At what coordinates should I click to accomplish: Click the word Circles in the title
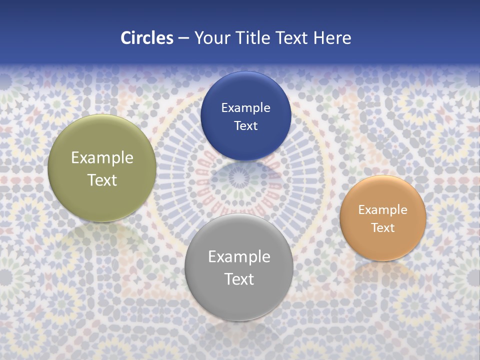[146, 38]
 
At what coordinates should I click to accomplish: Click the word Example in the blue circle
[245, 108]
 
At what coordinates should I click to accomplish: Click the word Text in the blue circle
[245, 126]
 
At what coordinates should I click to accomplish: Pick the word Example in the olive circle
[102, 158]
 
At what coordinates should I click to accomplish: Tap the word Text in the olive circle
[102, 180]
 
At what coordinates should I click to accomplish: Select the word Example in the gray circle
[239, 257]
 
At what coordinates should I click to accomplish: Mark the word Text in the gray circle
[239, 279]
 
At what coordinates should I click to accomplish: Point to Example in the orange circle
[383, 210]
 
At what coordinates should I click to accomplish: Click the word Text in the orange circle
[383, 228]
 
